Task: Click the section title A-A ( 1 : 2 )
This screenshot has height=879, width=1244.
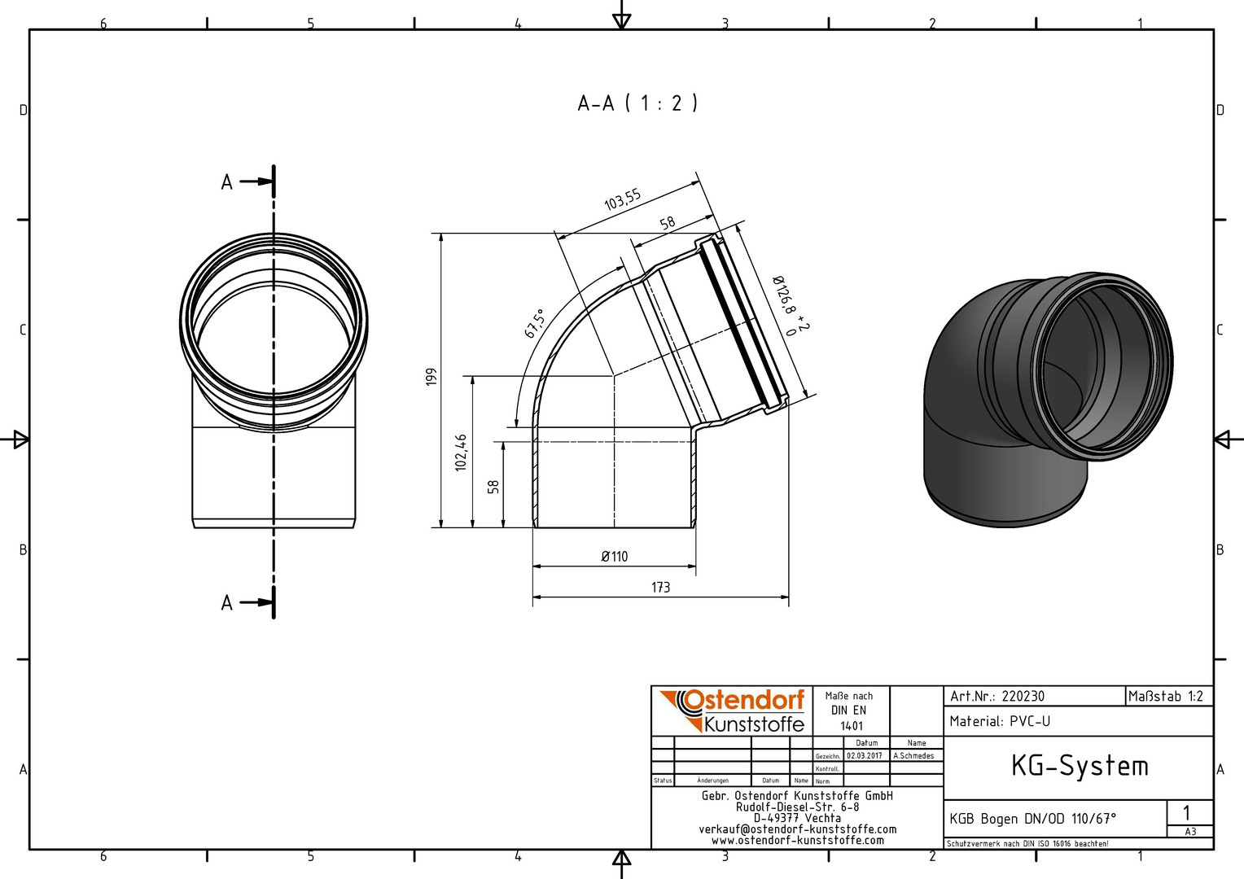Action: [637, 103]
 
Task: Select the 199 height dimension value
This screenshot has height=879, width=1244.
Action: [431, 377]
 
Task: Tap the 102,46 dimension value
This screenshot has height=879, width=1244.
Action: [461, 453]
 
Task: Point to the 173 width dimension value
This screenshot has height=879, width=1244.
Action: [661, 587]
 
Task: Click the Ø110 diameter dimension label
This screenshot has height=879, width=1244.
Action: [614, 556]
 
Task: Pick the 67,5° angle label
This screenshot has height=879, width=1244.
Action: [534, 324]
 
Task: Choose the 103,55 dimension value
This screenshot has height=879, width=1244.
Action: [623, 199]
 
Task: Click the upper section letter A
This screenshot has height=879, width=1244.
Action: [226, 182]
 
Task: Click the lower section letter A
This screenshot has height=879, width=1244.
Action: [226, 602]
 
